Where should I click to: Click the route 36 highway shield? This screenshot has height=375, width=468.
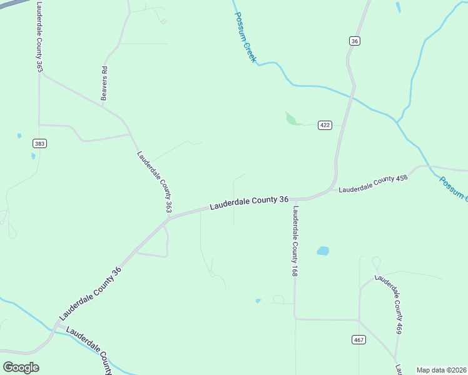point(355,41)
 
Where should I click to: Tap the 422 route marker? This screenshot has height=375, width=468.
point(324,125)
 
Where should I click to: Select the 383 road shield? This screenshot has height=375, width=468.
point(40,144)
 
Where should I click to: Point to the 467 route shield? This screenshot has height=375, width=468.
point(358,339)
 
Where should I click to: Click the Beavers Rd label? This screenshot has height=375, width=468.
point(105,83)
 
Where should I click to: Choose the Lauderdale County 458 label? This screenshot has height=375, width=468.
point(373,183)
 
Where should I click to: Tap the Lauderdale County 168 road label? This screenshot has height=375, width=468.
point(295,241)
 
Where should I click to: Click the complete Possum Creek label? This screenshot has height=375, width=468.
point(245,36)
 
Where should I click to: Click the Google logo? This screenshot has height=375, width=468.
point(21,367)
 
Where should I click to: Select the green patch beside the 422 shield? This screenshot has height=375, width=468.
point(292,119)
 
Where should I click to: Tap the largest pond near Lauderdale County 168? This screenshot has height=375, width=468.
point(323,251)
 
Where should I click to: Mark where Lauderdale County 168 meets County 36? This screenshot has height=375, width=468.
point(294,199)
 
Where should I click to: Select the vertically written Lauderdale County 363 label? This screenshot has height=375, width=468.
point(39,36)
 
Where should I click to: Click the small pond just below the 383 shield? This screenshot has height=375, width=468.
point(33,156)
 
